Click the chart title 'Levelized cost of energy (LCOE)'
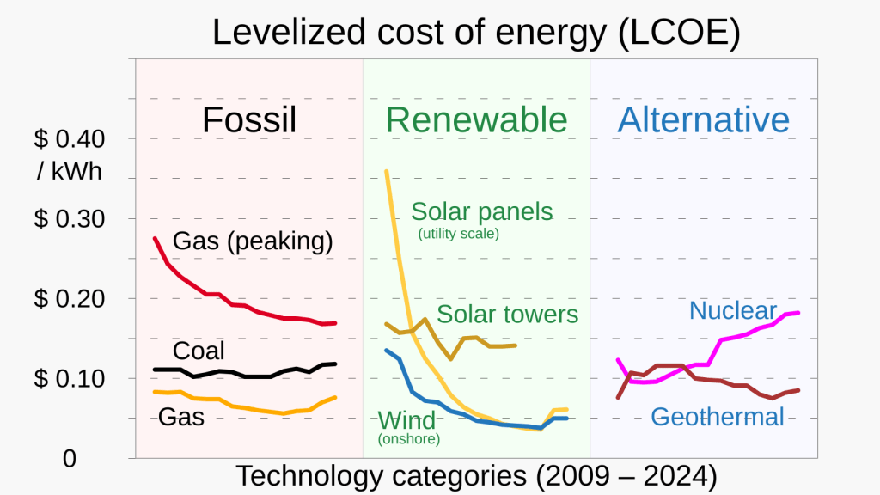(476, 33)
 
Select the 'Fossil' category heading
(249, 120)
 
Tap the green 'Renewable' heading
(476, 120)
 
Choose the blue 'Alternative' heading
(703, 120)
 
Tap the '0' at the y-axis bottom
(70, 459)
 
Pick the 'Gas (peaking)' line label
(253, 241)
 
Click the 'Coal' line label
(199, 351)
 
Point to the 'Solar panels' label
(482, 211)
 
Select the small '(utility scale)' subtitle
(458, 234)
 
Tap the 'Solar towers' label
(508, 315)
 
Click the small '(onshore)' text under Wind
(409, 440)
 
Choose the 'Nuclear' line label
(733, 310)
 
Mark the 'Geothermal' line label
(718, 417)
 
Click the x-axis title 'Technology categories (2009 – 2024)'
(476, 475)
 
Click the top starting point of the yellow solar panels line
(386, 171)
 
